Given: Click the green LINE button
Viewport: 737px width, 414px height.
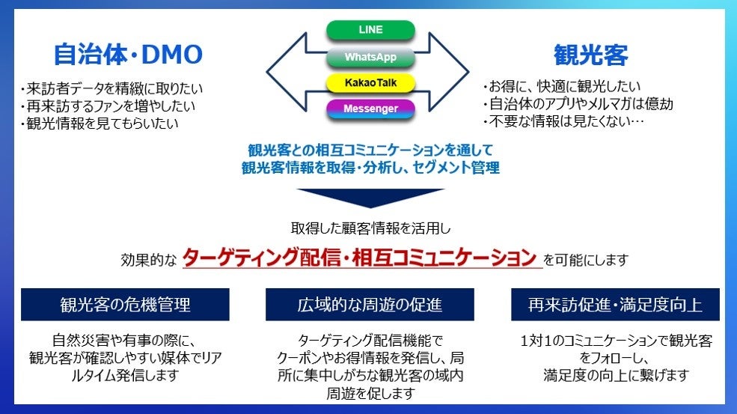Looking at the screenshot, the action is click(x=370, y=30).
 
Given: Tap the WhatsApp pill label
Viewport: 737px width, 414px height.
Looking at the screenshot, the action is click(x=370, y=57).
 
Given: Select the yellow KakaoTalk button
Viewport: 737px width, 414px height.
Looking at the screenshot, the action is click(x=370, y=83).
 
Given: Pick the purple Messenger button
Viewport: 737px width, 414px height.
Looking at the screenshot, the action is click(x=370, y=109).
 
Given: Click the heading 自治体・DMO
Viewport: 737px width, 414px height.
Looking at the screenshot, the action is click(x=128, y=55).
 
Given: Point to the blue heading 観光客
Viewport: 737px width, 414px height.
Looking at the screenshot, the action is click(x=590, y=55).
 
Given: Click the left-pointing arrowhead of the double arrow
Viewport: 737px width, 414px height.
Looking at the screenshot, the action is click(x=287, y=72).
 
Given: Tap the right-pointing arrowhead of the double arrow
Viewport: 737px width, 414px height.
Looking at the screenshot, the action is click(x=449, y=72).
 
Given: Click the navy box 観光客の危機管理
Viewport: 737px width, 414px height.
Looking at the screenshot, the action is click(x=125, y=305).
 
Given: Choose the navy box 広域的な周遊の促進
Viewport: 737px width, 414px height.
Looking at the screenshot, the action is click(x=370, y=305).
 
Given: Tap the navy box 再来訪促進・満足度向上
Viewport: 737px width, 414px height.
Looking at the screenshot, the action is click(x=615, y=305).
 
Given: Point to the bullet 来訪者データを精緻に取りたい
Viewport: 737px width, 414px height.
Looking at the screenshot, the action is click(x=111, y=88).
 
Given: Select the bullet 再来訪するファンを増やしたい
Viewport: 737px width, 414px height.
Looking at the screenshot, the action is click(x=108, y=106).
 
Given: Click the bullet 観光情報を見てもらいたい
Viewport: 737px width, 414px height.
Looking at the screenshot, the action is click(x=100, y=124).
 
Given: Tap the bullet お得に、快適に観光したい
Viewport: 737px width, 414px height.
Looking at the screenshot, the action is click(x=562, y=86).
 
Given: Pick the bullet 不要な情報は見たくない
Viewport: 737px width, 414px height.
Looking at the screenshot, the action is click(x=563, y=121).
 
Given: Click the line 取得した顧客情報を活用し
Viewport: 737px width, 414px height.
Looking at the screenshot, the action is click(x=370, y=228).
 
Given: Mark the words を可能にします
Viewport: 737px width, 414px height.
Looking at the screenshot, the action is click(x=586, y=260).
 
